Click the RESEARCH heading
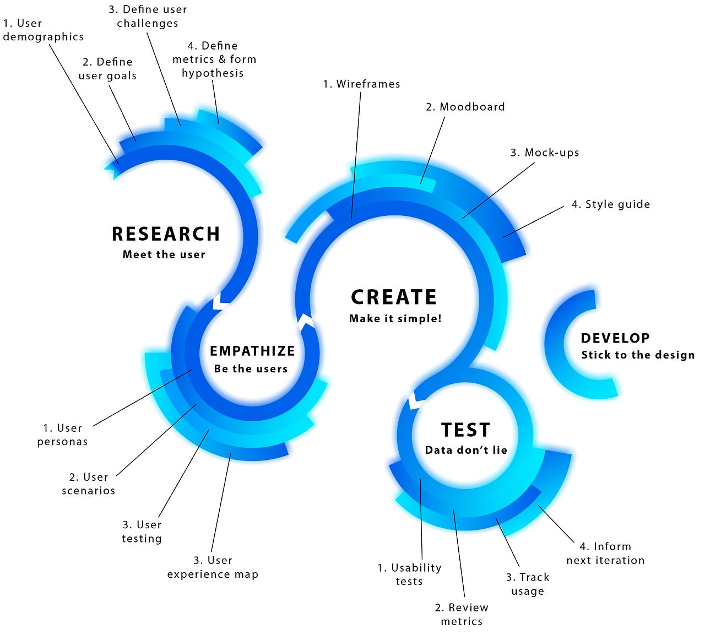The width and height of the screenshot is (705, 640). (x=166, y=234)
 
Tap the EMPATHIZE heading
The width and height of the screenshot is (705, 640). (x=252, y=351)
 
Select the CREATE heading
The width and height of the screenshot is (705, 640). (x=394, y=297)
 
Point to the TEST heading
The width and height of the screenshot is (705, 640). (x=465, y=430)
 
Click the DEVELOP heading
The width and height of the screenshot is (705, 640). (x=615, y=339)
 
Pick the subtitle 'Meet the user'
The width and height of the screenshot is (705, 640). (x=164, y=254)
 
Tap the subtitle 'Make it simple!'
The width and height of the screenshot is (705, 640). (x=395, y=319)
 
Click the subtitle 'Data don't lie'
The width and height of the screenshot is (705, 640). (x=466, y=451)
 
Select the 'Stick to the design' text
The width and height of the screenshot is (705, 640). (x=638, y=355)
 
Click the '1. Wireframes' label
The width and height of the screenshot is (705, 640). (x=361, y=84)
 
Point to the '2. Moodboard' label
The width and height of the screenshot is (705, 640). (x=465, y=107)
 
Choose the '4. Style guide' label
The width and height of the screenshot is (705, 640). (x=611, y=204)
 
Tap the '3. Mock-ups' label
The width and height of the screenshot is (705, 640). (x=545, y=153)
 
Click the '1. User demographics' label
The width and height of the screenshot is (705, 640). (x=43, y=30)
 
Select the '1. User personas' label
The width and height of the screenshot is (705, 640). (x=62, y=435)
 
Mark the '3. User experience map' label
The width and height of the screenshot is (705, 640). (x=213, y=567)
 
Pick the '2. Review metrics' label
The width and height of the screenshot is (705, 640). (x=462, y=615)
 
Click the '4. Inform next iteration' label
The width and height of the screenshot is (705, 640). (x=605, y=554)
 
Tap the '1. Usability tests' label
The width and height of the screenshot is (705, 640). (x=409, y=574)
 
